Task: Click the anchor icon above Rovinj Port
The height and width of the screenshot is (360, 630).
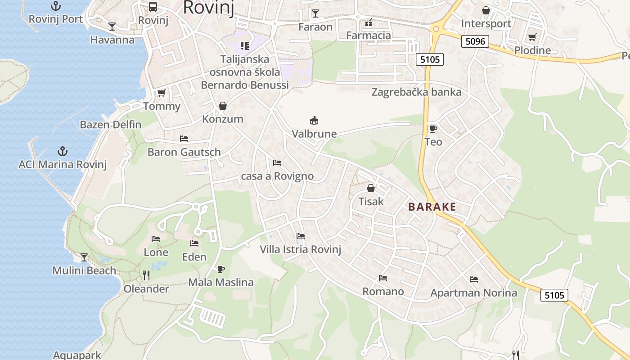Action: pyautogui.click(x=56, y=6)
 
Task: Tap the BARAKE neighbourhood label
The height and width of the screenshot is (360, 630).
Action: pyautogui.click(x=432, y=207)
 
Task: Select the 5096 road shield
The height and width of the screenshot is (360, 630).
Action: pyautogui.click(x=475, y=42)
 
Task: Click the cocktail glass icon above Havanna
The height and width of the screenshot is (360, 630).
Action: pyautogui.click(x=112, y=27)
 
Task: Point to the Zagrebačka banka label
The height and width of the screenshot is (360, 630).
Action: pyautogui.click(x=416, y=92)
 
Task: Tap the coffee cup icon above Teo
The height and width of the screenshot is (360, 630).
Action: pyautogui.click(x=433, y=129)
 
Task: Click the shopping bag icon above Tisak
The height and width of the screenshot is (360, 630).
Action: pyautogui.click(x=371, y=188)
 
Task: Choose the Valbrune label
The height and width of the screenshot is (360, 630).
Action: pyautogui.click(x=314, y=134)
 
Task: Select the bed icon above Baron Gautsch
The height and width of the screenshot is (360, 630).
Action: pyautogui.click(x=184, y=139)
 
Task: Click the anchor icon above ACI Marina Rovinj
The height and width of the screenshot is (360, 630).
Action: pyautogui.click(x=63, y=151)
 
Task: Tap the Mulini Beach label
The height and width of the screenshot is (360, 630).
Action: pyautogui.click(x=84, y=270)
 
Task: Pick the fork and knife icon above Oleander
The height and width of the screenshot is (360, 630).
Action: pyautogui.click(x=146, y=275)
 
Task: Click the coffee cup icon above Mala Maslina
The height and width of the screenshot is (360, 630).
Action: pyautogui.click(x=220, y=269)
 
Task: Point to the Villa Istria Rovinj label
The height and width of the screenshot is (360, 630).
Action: pyautogui.click(x=301, y=249)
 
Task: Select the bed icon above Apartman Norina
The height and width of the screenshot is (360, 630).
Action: pyautogui.click(x=473, y=279)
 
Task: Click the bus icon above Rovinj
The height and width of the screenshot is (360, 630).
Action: pyautogui.click(x=153, y=7)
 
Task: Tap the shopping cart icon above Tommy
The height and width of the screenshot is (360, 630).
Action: pyautogui.click(x=161, y=93)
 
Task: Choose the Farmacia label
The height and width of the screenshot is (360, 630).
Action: pyautogui.click(x=369, y=35)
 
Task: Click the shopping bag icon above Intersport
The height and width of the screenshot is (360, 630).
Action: pyautogui.click(x=486, y=10)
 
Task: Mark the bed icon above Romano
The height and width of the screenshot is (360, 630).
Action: pyautogui.click(x=383, y=278)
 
